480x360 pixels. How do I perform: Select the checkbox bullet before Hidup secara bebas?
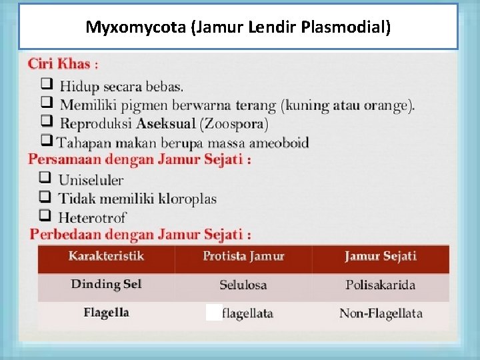coord(47,85)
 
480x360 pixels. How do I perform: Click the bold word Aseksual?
coord(166,124)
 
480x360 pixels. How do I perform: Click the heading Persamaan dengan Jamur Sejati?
coord(139,160)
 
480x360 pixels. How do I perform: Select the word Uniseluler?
coord(91,180)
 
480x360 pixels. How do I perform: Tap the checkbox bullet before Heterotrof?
coord(45,216)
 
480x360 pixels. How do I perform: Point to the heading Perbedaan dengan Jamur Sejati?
coord(140,235)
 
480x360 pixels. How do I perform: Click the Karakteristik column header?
coord(106,256)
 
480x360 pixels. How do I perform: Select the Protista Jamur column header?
coord(243,257)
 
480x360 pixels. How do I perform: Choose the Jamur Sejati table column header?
coord(380,257)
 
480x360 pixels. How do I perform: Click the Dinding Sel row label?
coord(106,285)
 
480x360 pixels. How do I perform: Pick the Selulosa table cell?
coord(243,285)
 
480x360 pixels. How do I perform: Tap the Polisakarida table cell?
coord(380,285)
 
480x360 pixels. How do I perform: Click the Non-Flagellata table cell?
coord(381,313)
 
